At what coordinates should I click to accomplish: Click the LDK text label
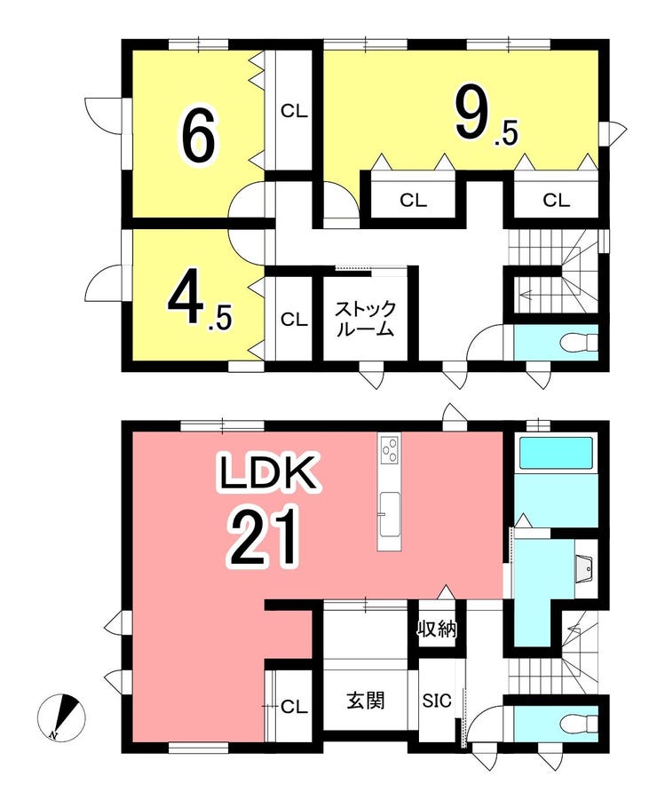[267, 473]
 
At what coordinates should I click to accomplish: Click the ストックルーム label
[365, 319]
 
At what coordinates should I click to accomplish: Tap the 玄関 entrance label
[365, 701]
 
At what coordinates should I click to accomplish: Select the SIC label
[437, 701]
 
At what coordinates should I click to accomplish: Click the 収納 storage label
[437, 628]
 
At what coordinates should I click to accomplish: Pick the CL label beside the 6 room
[294, 111]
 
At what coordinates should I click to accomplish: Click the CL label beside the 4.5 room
[294, 320]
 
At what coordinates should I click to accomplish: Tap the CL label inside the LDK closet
[294, 707]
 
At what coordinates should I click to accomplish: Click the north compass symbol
[61, 717]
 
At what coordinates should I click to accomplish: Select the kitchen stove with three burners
[389, 449]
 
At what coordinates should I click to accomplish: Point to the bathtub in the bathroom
[556, 453]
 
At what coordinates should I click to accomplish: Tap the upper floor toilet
[578, 342]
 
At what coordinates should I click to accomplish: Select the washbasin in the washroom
[586, 568]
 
